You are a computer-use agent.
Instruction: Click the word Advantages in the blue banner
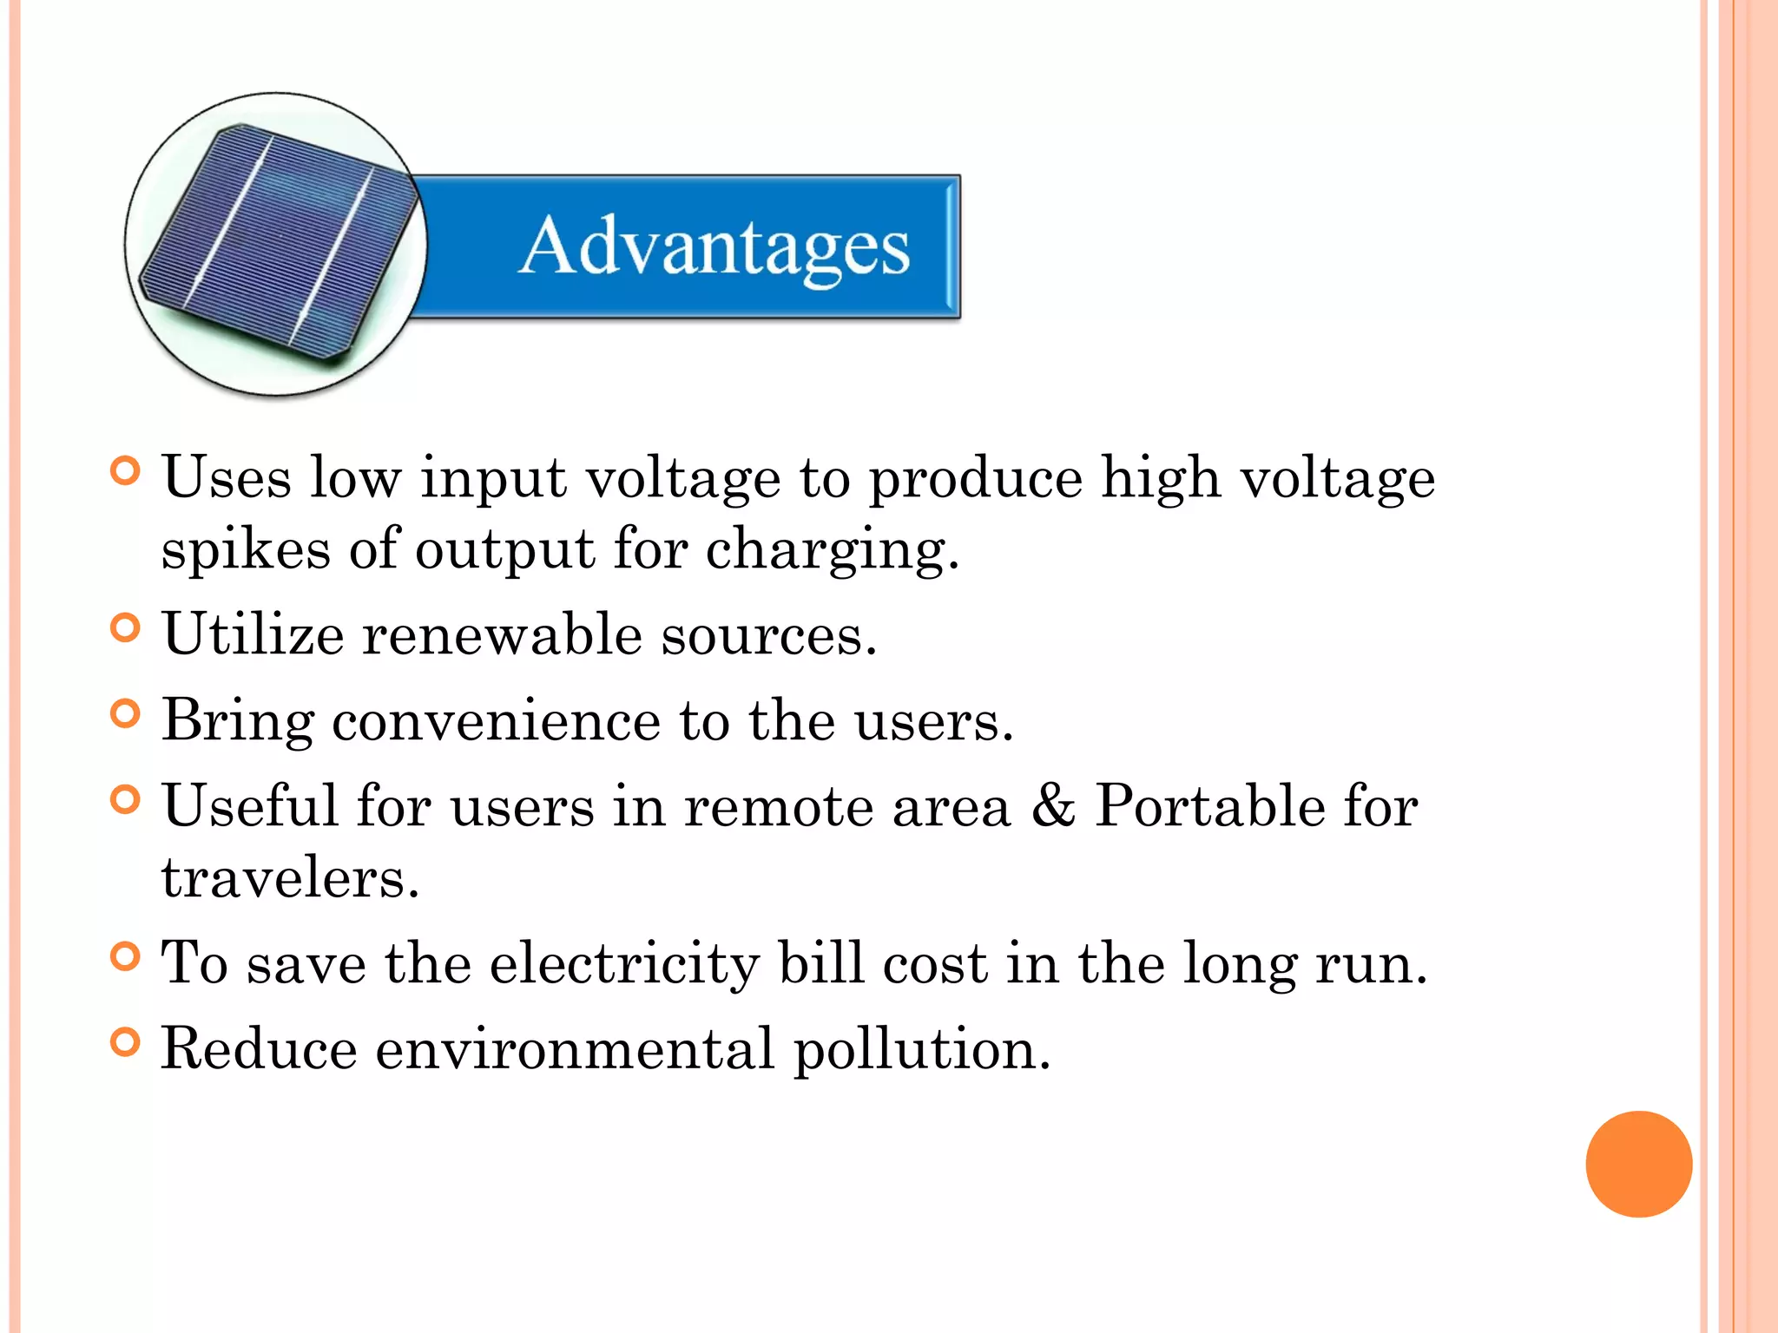(x=714, y=247)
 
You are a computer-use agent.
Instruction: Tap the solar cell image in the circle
(x=276, y=244)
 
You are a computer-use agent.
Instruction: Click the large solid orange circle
(x=1638, y=1164)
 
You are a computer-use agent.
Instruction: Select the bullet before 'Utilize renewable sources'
(x=126, y=627)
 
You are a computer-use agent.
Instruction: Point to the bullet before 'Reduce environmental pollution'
(x=126, y=1041)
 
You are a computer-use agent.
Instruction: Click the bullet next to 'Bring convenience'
(x=126, y=713)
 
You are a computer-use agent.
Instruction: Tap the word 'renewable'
(x=502, y=634)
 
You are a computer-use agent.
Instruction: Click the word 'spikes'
(x=246, y=550)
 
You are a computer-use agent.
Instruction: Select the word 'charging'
(x=832, y=550)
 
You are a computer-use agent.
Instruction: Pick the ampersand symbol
(x=1053, y=805)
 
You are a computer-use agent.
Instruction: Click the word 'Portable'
(x=1209, y=805)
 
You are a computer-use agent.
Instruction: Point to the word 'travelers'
(x=290, y=877)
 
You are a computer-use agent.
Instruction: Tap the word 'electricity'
(x=624, y=963)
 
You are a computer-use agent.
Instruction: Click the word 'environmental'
(x=575, y=1048)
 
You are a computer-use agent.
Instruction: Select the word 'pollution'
(x=922, y=1048)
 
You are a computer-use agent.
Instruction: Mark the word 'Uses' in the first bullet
(x=227, y=478)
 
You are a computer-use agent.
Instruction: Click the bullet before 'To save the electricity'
(x=126, y=956)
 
